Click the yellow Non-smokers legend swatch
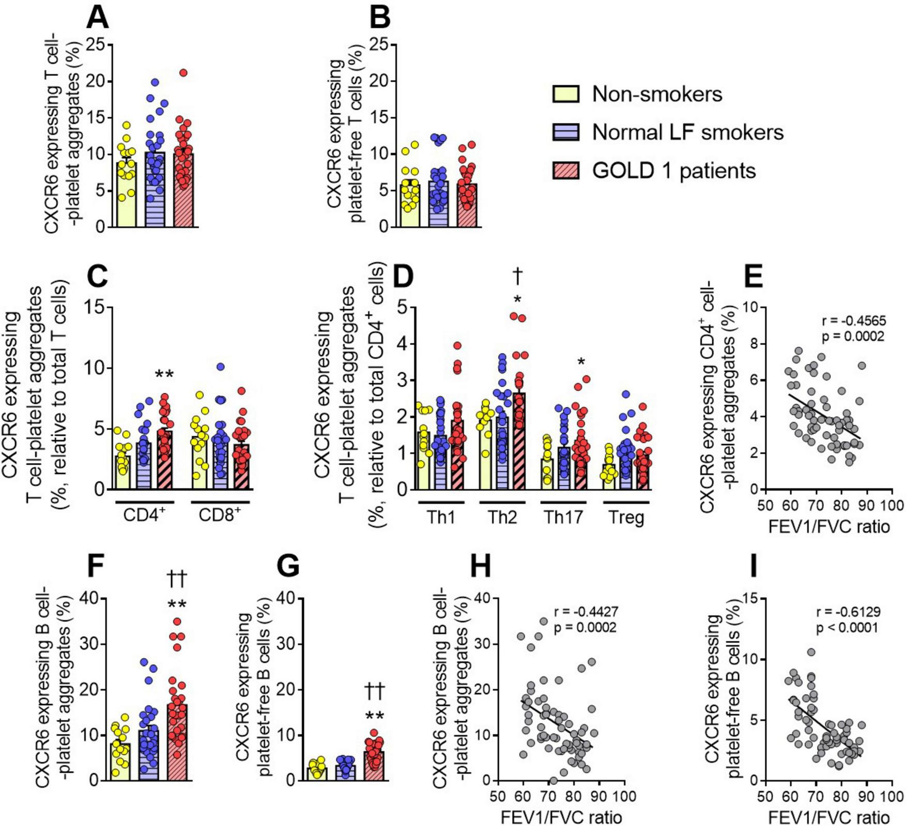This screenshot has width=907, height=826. point(566,94)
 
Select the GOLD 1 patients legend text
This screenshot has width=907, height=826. point(673,171)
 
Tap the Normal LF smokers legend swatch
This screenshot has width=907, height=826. point(566,132)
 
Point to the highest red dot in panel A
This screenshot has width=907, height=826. point(183,73)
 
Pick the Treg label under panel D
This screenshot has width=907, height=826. point(626,517)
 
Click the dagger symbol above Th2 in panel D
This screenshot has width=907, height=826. point(517,277)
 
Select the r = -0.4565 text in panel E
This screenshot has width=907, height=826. point(853,320)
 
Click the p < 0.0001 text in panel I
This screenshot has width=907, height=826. point(847,629)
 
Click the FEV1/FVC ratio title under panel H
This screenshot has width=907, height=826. point(561,817)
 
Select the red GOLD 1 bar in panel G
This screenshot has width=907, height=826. point(374,766)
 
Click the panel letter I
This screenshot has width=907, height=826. point(753,567)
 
